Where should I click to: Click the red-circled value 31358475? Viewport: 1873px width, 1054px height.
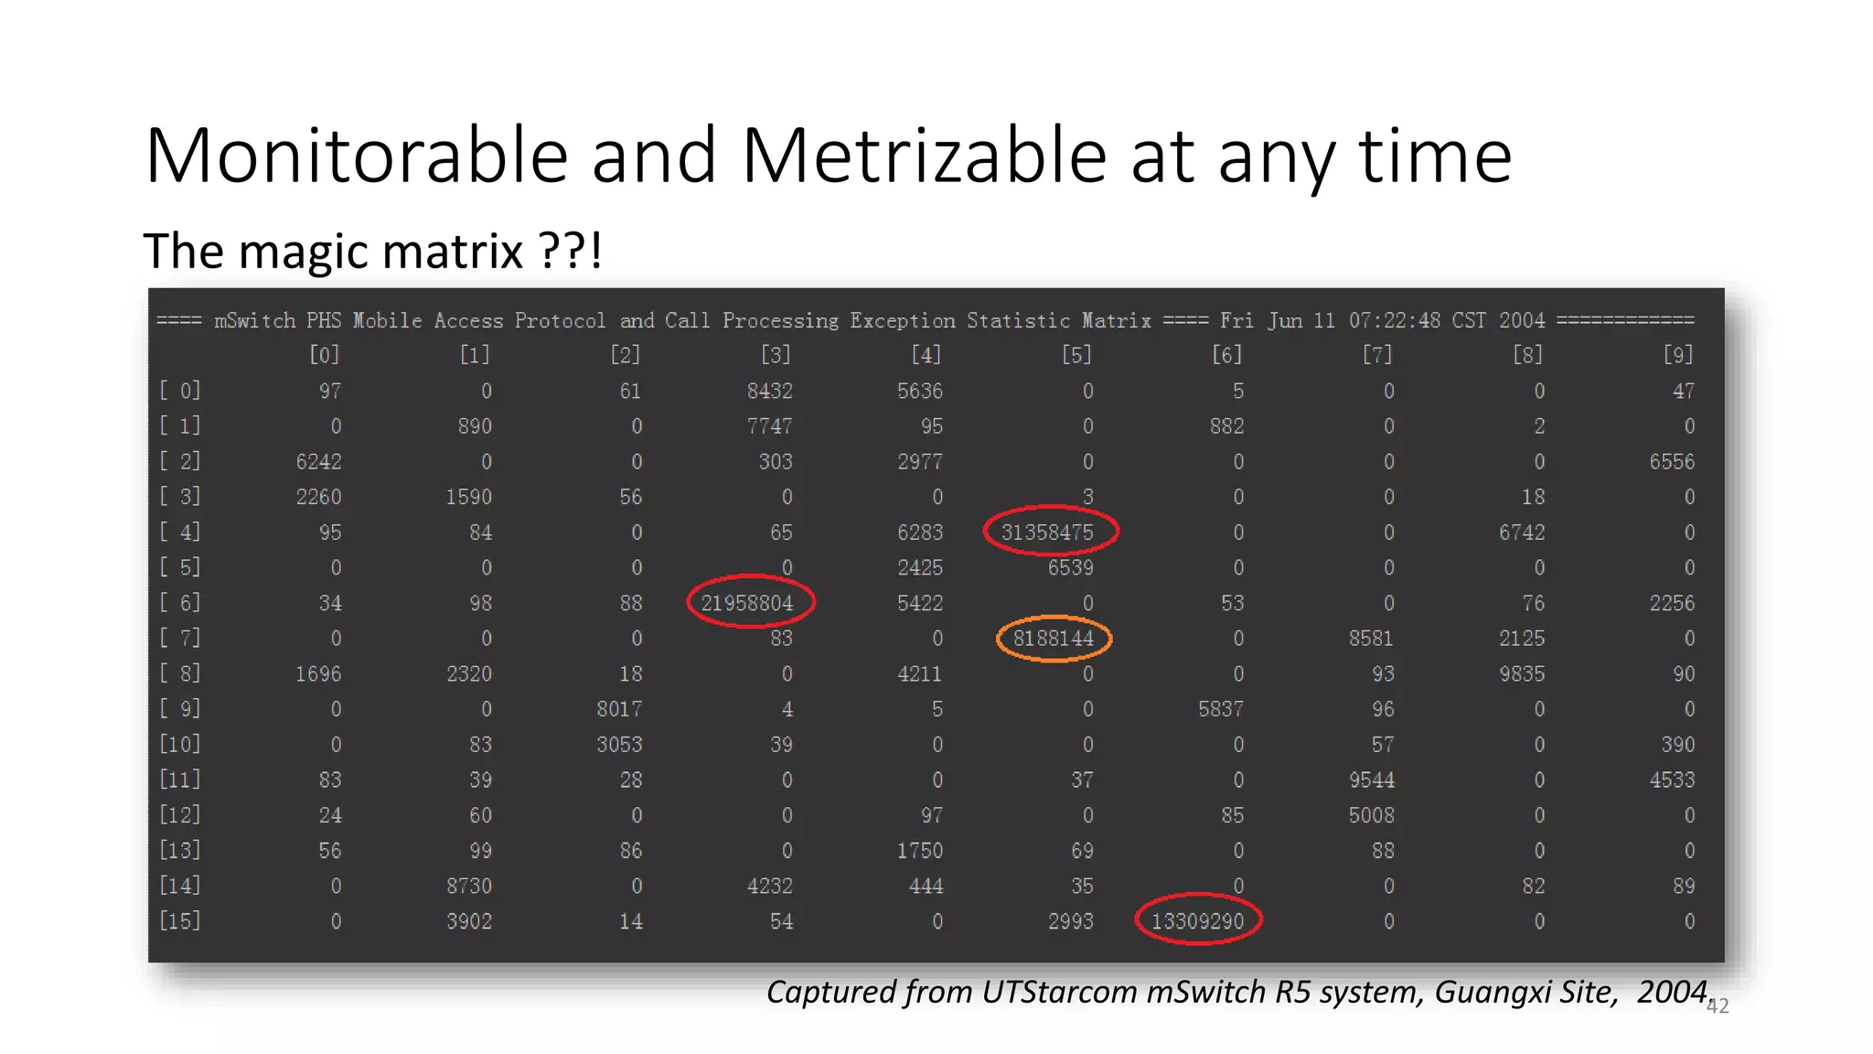[1048, 532]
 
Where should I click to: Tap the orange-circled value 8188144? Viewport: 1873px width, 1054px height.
[1054, 639]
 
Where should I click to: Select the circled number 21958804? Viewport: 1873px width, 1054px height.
[747, 603]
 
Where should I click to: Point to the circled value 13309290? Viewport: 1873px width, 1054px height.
[1197, 921]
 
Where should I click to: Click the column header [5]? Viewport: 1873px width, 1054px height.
[1076, 355]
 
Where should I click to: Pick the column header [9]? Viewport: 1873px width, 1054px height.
[1678, 355]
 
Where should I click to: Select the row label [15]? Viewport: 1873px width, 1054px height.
[180, 920]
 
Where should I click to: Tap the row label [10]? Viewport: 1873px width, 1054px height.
[180, 744]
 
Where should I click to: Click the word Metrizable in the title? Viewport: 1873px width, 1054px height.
[924, 156]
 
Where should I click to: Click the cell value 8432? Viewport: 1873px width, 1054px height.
[769, 392]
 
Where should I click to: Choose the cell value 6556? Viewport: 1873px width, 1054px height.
[1672, 462]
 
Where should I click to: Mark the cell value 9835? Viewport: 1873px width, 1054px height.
[1522, 674]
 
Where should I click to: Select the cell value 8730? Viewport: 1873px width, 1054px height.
[468, 887]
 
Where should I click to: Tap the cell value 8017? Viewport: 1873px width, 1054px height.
[619, 709]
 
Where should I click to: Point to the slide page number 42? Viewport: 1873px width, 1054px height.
[1718, 1006]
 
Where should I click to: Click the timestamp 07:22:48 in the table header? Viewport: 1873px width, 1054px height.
[1395, 321]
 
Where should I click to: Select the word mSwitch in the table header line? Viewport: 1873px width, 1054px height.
[255, 321]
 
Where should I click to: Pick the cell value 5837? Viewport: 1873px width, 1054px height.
[1221, 709]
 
